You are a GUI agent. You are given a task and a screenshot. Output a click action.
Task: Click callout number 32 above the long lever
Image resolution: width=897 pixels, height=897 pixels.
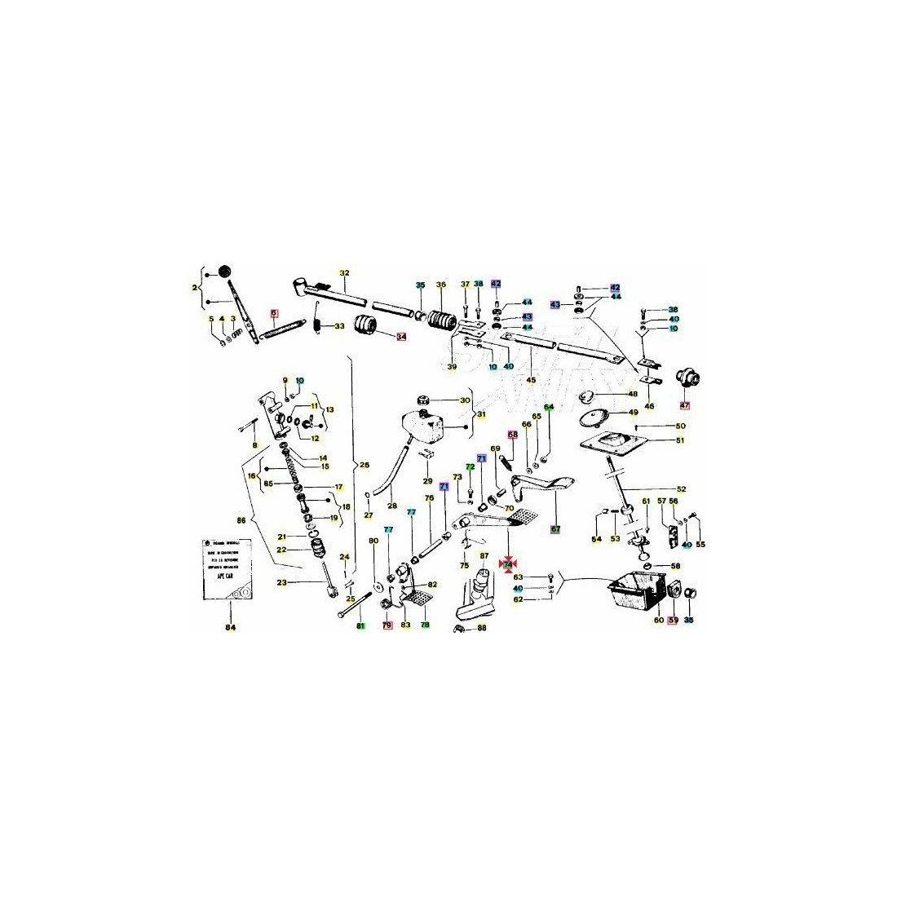click(344, 273)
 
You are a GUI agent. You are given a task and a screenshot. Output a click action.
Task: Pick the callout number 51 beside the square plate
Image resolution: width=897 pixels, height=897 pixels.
click(680, 440)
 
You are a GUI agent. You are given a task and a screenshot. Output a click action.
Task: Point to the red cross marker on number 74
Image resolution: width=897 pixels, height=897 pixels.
click(509, 563)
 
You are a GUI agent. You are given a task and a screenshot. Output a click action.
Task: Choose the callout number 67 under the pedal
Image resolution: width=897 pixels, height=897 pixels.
click(555, 529)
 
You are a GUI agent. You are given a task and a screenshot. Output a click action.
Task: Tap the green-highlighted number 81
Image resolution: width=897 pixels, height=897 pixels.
click(360, 625)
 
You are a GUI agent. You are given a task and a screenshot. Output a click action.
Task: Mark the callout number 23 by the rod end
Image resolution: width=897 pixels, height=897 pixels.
click(282, 582)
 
